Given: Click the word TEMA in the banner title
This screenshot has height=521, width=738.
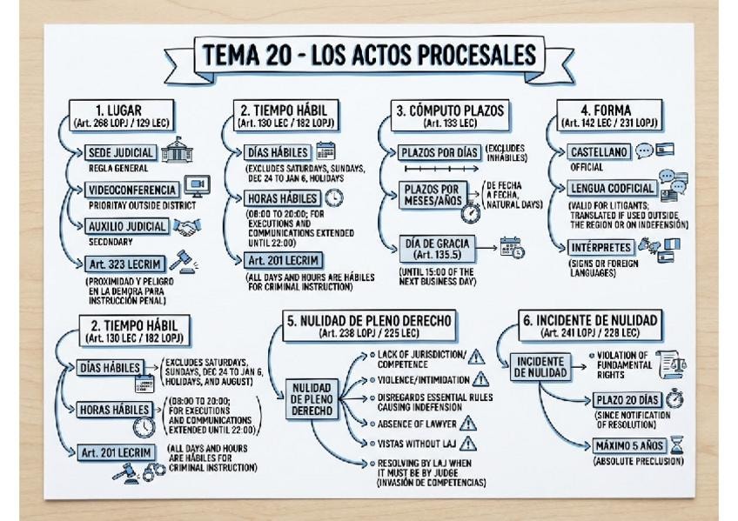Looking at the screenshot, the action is pyautogui.click(x=231, y=55).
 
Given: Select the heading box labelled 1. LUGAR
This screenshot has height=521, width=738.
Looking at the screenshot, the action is pyautogui.click(x=121, y=116).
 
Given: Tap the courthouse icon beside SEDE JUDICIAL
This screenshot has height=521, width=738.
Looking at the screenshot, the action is pyautogui.click(x=177, y=150).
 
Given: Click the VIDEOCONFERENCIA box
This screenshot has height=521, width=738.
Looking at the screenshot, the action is pyautogui.click(x=132, y=190).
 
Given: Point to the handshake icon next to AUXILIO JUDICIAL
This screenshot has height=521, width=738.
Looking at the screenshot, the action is pyautogui.click(x=187, y=227).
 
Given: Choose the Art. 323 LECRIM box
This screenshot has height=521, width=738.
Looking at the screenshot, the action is pyautogui.click(x=124, y=264).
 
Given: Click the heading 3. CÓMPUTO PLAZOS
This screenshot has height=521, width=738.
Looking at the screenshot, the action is pyautogui.click(x=450, y=116).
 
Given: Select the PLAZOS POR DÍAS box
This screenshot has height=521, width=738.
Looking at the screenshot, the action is pyautogui.click(x=439, y=153).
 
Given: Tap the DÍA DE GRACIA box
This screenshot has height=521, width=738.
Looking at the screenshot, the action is pyautogui.click(x=437, y=249).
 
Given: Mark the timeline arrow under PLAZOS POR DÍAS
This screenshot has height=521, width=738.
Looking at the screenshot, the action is pyautogui.click(x=441, y=169).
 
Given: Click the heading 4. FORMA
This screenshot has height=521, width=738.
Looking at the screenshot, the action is pyautogui.click(x=609, y=116).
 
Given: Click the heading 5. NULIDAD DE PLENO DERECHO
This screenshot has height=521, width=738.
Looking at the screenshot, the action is pyautogui.click(x=370, y=325).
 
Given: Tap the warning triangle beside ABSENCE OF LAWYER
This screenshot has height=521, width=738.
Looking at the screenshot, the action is pyautogui.click(x=468, y=424).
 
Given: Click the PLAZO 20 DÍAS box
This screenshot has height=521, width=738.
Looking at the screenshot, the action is pyautogui.click(x=627, y=400).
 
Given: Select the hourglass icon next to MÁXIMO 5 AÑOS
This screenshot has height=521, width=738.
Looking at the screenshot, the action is pyautogui.click(x=677, y=444).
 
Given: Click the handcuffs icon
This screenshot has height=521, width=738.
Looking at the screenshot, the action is pyautogui.click(x=153, y=471).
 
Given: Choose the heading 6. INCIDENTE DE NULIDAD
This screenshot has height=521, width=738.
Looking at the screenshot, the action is pyautogui.click(x=590, y=325).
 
